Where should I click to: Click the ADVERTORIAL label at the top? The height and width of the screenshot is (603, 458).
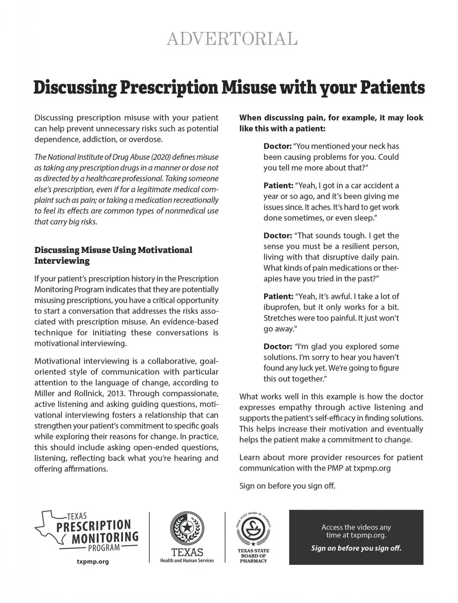(232, 39)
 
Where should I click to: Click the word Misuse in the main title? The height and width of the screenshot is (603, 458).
(247, 88)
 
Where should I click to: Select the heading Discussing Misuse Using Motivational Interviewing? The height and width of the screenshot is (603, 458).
(113, 255)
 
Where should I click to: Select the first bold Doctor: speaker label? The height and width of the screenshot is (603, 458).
(277, 146)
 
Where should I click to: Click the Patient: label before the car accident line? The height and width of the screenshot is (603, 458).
(278, 185)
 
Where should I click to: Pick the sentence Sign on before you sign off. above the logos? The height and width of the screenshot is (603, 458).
(287, 486)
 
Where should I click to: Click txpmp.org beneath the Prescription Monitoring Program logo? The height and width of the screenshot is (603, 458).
(93, 561)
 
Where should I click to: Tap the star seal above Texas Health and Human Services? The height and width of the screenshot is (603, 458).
(187, 528)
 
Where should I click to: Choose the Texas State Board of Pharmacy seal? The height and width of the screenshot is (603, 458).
(253, 528)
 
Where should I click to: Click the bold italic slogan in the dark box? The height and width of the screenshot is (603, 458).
(356, 548)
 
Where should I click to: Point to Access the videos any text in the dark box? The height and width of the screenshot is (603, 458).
(356, 527)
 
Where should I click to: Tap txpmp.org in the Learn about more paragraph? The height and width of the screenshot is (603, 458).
(372, 468)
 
